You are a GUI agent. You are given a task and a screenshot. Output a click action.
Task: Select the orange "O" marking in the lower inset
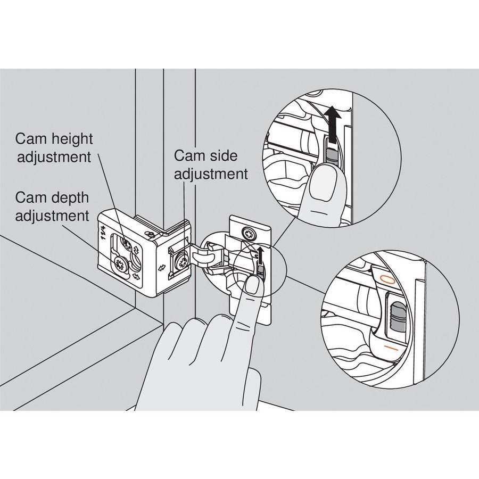[387, 278]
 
